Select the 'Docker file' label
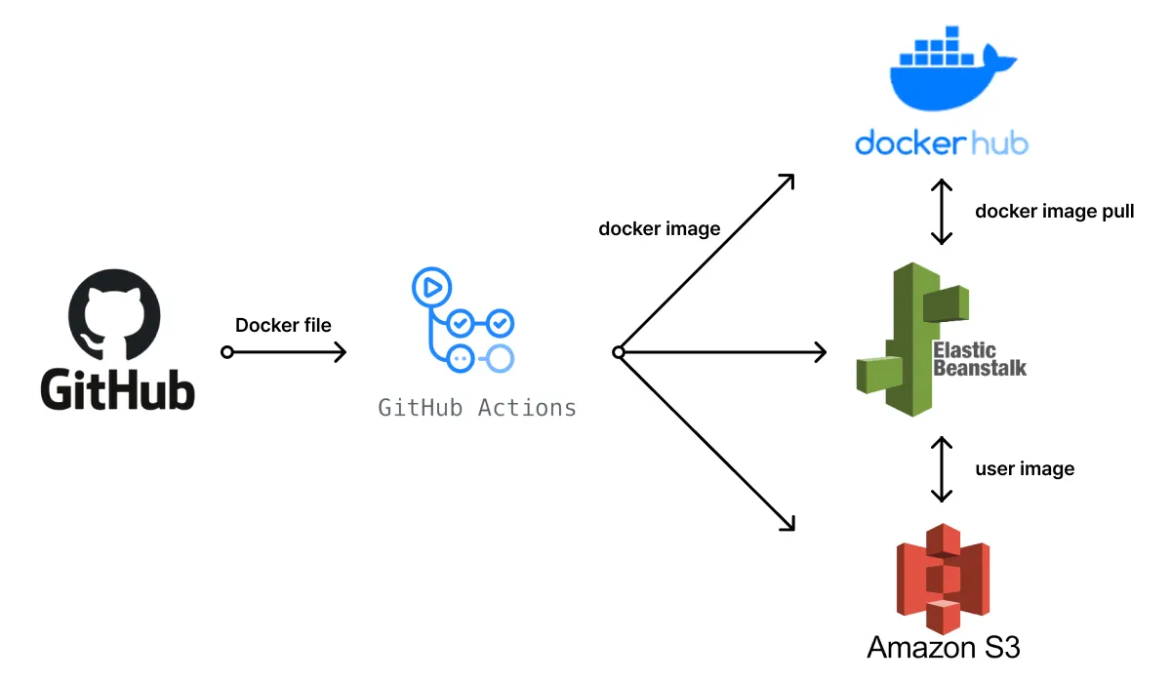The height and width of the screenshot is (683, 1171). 283,325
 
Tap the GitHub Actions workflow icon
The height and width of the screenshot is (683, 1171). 463,321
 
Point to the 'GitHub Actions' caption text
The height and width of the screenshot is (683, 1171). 477,407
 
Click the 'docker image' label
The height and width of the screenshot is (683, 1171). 659,229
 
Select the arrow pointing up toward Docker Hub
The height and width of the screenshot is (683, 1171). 707,264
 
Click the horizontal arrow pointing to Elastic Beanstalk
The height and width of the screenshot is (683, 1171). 722,352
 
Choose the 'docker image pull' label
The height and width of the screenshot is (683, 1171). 1054,211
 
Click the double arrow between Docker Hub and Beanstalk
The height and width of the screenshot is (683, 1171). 941,211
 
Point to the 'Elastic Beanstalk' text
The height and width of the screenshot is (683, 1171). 979,359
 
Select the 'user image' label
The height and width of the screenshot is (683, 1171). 1025,468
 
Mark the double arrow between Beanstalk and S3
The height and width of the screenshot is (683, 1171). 941,468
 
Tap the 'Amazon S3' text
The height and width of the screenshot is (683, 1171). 943,646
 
